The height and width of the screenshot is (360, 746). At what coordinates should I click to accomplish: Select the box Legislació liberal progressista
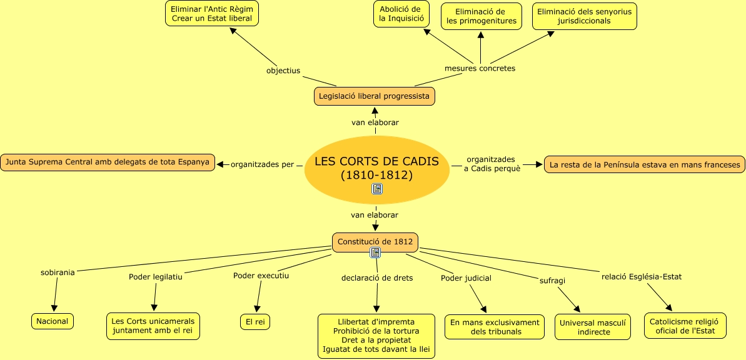coord(374,96)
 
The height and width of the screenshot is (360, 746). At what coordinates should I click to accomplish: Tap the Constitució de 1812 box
coord(375,242)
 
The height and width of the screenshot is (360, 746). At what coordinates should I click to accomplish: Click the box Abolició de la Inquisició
coord(401,14)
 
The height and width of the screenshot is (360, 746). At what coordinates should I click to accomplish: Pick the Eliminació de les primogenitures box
coord(481,16)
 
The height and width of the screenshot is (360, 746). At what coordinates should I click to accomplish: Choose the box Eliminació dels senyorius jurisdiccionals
coord(584,16)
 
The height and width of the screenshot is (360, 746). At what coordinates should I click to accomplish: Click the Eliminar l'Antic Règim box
coord(212,13)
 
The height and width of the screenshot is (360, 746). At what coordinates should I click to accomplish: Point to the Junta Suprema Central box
coord(107,162)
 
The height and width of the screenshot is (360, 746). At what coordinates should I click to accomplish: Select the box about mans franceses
coord(645,165)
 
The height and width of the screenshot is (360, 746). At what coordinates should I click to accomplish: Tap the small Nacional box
coord(53,321)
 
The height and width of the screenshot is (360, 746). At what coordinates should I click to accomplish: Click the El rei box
coord(255,322)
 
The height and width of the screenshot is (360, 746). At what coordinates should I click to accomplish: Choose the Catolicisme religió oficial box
coord(685,326)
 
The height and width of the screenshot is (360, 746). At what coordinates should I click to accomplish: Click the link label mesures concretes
coord(480,68)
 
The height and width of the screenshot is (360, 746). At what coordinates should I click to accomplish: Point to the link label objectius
coord(283,71)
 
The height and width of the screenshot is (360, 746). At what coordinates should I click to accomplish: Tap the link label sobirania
coord(58,272)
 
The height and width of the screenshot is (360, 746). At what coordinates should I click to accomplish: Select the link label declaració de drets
coord(377,277)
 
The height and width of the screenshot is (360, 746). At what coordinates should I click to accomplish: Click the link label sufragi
coord(552,281)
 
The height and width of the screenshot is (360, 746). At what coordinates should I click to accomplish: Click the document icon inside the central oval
coord(377,188)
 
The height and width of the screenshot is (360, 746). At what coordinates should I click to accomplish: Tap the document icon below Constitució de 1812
coord(375,252)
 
